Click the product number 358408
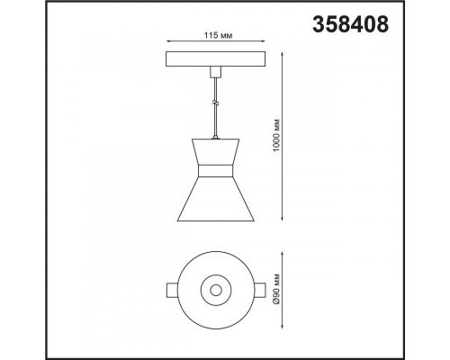(350, 24)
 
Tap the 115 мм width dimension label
(218, 36)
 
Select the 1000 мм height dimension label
(277, 135)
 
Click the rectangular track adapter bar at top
(216, 59)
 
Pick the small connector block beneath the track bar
(215, 71)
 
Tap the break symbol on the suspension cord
(216, 103)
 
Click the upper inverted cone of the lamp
(216, 152)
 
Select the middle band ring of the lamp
(216, 171)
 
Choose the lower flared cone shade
(216, 199)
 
